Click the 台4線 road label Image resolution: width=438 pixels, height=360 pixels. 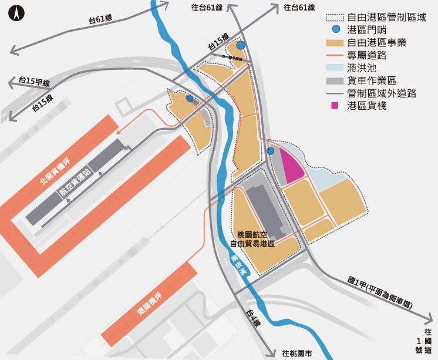point(252,318)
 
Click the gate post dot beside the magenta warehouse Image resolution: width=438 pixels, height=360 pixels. point(270,152)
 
